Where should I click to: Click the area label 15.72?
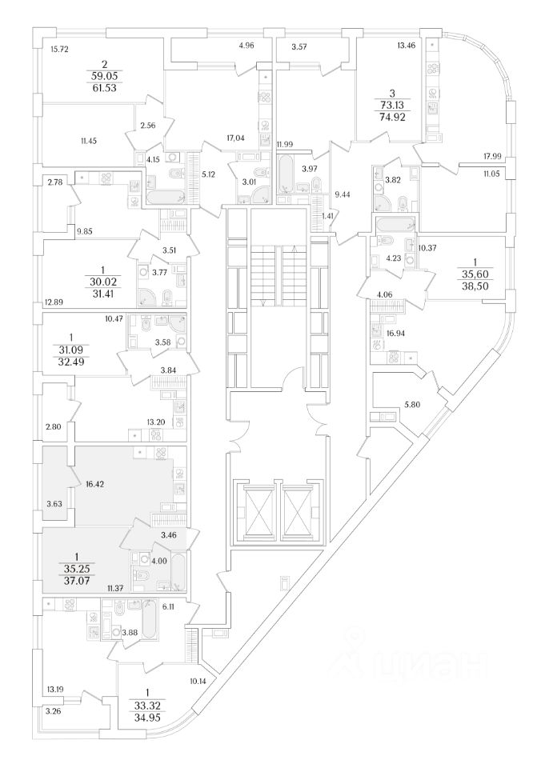(60, 50)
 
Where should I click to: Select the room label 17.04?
(235, 138)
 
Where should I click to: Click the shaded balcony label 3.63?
(55, 505)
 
